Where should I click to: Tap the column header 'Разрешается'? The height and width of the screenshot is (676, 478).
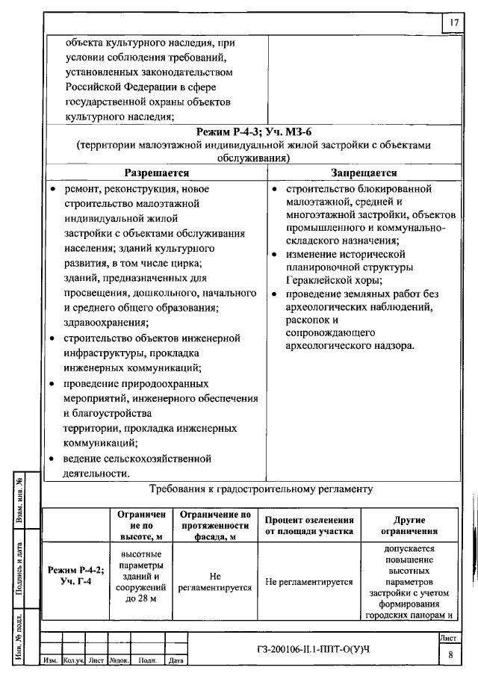coord(155,173)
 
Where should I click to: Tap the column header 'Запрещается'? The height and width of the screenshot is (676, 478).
coord(364,173)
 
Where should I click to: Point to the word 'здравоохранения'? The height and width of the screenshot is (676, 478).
coord(104,322)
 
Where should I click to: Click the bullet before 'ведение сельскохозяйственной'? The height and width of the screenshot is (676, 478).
coord(52,459)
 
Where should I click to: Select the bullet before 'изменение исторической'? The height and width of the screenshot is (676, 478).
coord(276,255)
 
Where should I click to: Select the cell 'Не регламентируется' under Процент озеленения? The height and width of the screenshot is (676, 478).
coord(309,582)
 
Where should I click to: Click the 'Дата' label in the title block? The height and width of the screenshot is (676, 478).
coord(176,661)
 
